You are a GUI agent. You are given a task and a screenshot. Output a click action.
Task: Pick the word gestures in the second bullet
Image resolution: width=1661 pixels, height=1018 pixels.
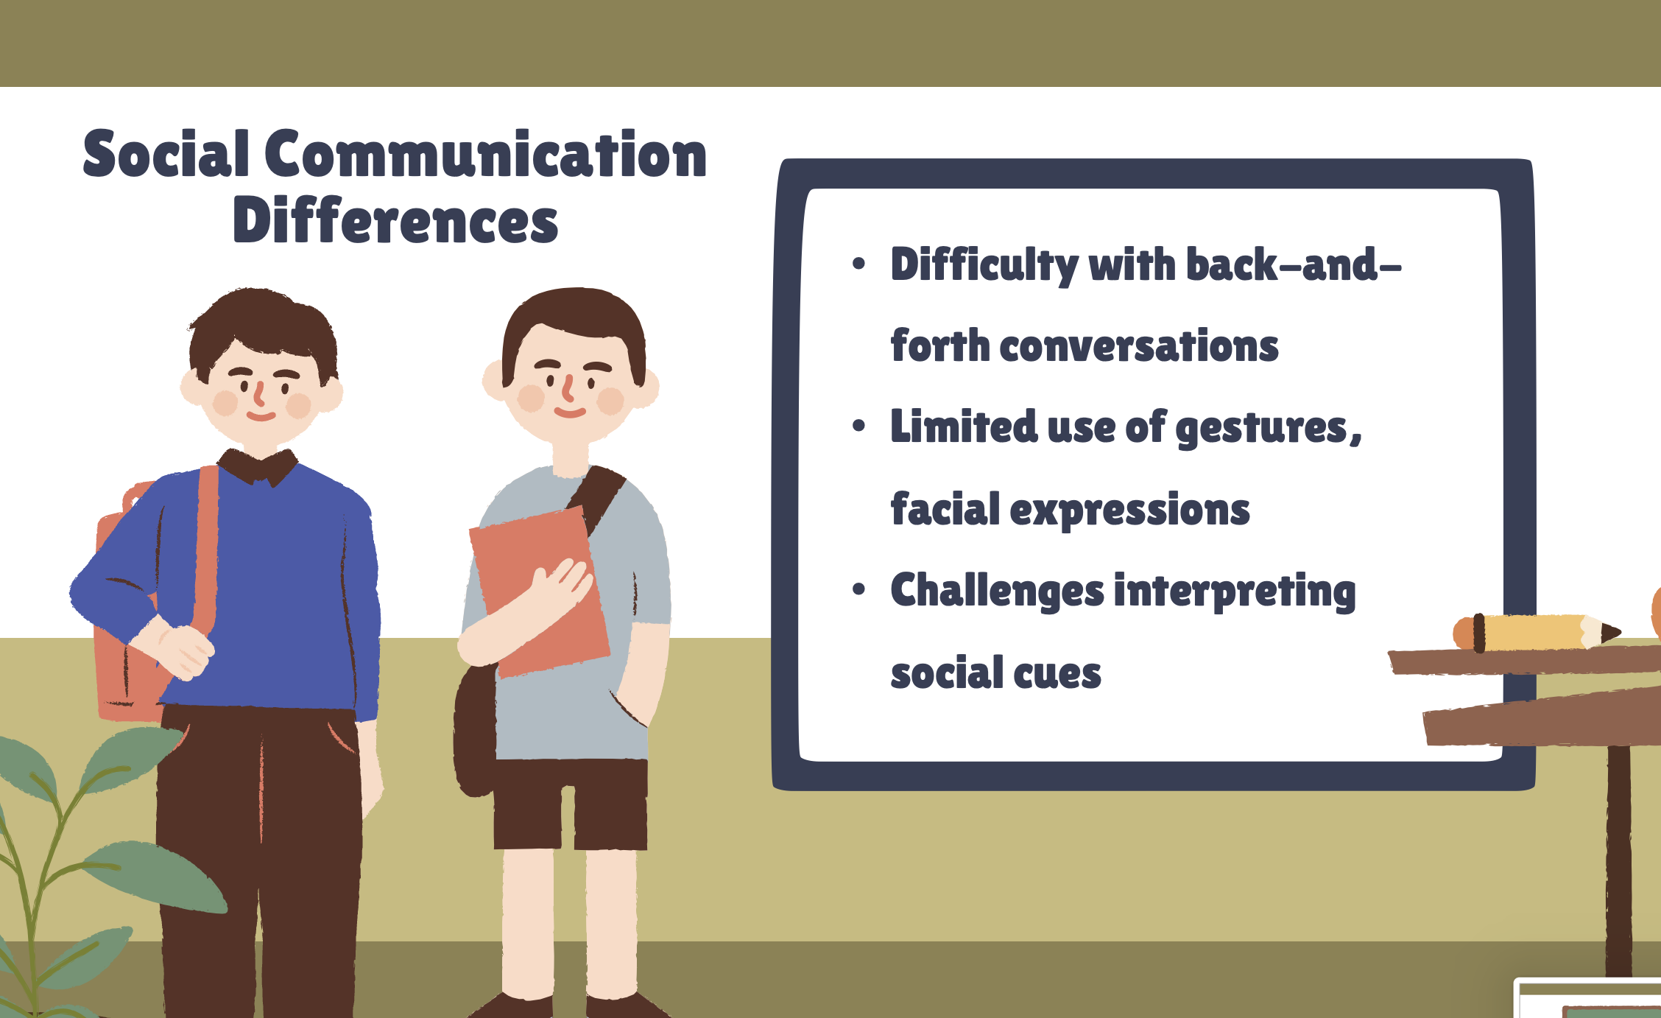1262,429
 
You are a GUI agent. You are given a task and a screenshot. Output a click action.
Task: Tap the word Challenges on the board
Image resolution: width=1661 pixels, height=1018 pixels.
998,591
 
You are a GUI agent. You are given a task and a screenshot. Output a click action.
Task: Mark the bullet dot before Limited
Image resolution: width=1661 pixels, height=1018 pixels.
858,426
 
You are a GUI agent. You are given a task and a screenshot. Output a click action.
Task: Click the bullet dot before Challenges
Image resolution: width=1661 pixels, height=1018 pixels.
858,589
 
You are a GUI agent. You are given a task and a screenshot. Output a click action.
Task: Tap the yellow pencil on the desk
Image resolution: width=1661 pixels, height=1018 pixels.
1537,633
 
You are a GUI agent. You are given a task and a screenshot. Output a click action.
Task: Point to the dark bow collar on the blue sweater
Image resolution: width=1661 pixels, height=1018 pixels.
258,467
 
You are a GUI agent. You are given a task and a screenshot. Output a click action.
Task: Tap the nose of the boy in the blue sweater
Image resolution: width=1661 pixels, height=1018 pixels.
258,394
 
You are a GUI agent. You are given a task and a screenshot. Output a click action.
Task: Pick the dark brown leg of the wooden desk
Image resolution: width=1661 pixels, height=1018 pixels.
1619,862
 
